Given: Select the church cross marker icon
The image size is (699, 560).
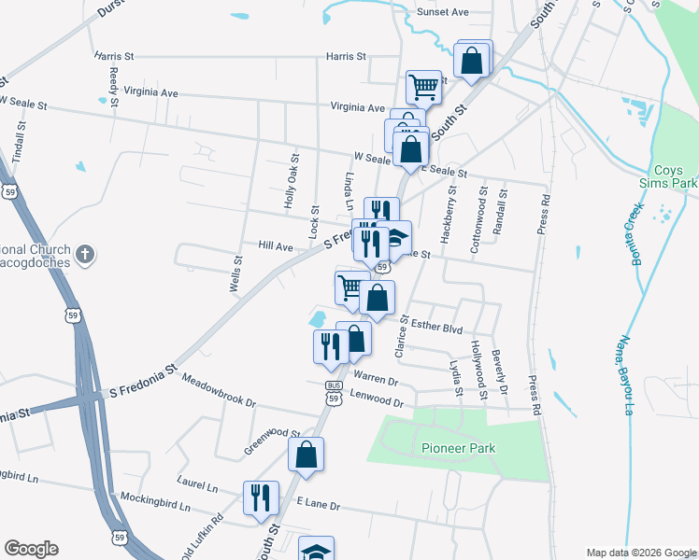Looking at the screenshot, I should (84, 253).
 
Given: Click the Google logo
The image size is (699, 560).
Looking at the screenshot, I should (31, 549).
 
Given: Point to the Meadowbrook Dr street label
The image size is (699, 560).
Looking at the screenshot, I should (219, 391).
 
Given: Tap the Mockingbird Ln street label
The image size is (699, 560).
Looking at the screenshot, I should (150, 502).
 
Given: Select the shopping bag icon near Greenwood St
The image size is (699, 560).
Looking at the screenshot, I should (306, 455).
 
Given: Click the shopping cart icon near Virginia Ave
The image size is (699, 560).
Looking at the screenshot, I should (423, 88).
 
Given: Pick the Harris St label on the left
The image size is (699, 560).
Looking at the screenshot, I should (114, 57).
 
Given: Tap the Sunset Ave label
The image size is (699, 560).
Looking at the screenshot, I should (442, 13).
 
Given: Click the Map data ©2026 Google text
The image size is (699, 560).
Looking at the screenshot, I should (641, 552).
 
